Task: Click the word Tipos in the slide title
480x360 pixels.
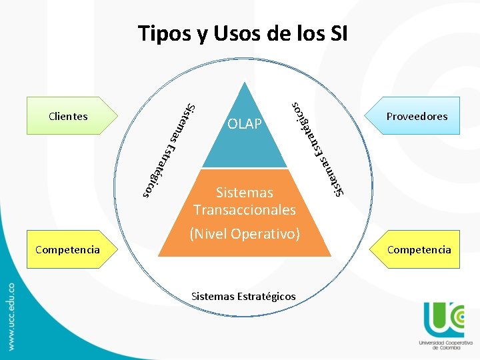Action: point(160,33)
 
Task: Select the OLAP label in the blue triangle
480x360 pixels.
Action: point(245,124)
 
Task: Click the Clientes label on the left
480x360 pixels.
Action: point(68,116)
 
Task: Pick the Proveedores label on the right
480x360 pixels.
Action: point(417,116)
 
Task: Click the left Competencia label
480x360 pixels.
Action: point(67,250)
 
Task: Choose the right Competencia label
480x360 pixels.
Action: point(419,250)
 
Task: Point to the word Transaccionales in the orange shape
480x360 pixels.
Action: point(245,210)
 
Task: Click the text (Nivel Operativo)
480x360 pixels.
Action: point(245,234)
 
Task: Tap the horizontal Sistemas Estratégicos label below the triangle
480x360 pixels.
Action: point(243,296)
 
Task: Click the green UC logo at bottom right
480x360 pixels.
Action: point(444,318)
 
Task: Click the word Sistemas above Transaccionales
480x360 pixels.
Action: point(245,193)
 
